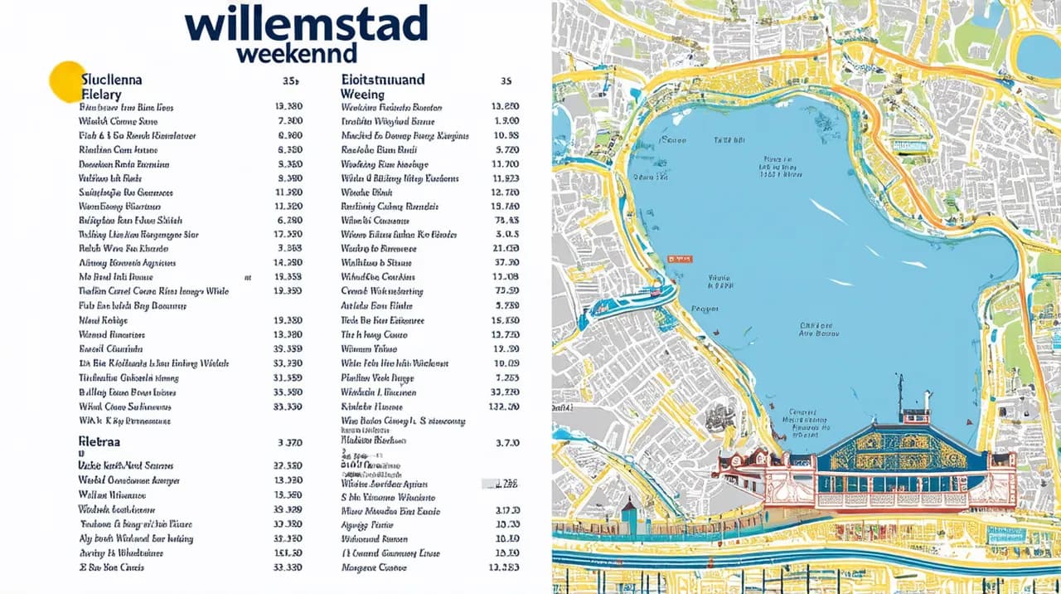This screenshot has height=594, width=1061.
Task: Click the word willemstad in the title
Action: [307, 25]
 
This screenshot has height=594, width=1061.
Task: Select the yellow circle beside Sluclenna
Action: [67, 81]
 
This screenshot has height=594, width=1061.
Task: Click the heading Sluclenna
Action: [112, 80]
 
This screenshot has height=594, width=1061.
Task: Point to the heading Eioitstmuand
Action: [383, 80]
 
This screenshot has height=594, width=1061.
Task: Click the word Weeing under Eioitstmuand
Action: [362, 95]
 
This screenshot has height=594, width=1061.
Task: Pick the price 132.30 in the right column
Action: [505, 407]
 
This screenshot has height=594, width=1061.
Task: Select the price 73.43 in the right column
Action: [506, 221]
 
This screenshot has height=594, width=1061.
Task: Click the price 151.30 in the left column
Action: [287, 553]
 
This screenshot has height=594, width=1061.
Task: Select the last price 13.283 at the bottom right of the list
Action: [505, 567]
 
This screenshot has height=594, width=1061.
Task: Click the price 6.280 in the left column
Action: [288, 221]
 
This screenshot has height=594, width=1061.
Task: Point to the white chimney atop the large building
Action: [928, 401]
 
